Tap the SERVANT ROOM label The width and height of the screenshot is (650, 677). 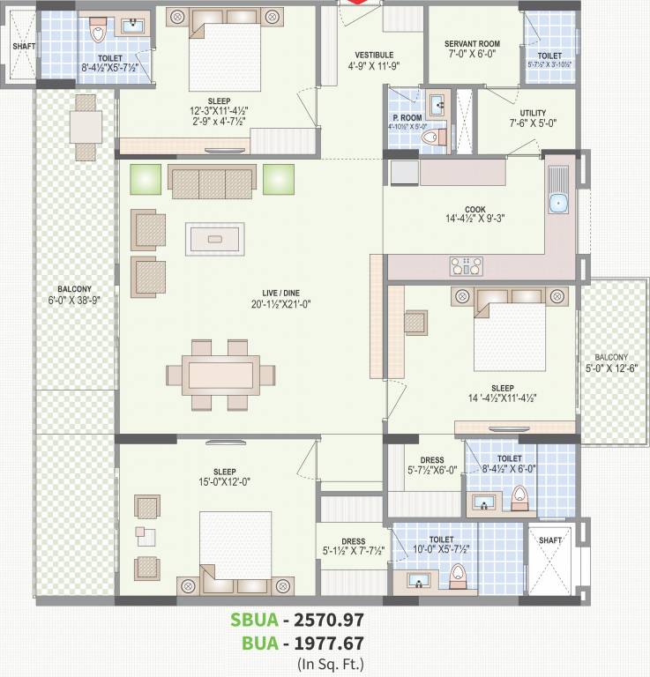(x=472, y=44)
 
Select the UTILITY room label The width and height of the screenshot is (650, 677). (x=532, y=114)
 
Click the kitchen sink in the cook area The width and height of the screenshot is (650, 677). (x=557, y=204)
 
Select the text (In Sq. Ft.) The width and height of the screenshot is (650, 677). (x=331, y=664)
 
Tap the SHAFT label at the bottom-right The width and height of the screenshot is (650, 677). (x=549, y=540)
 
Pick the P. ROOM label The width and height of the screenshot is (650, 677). (x=407, y=117)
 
